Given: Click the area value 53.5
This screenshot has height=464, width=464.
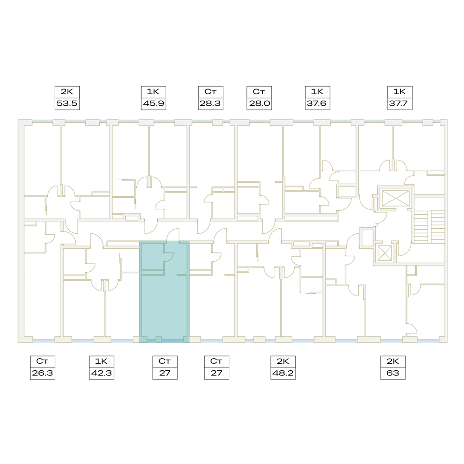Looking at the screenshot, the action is coord(67,103).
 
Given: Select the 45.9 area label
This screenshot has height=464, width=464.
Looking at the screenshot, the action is coord(153,103).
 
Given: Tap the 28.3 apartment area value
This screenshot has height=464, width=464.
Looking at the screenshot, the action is coord(210,103).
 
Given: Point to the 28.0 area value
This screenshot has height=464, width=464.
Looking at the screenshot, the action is coord(259,103).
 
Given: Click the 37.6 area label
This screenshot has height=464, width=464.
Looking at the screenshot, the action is coord(317,103).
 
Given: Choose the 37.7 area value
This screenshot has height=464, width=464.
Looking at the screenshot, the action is coord(400,103).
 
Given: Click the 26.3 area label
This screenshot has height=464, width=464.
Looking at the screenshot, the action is coord(43,373).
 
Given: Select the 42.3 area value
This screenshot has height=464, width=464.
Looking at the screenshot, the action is coord(102,373).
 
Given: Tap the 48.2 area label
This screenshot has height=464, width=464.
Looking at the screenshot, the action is coord(283,373).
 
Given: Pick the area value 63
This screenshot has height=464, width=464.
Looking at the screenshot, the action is coord(393,373).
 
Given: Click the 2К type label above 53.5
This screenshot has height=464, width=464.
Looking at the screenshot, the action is coord(67,92).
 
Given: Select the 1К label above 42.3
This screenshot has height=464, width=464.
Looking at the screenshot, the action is coord(101,361).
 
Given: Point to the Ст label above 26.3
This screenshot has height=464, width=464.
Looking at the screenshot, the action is coord(42,361).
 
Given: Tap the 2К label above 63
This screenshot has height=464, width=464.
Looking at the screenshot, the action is coord(393,361).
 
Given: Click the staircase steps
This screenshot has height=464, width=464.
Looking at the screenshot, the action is coord(429,227).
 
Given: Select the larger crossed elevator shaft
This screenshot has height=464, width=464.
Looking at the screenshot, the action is coord(396,198).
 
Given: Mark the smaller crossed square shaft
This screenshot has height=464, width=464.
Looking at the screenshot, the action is coord(385,253).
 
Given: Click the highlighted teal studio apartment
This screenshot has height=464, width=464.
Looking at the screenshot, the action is coord(164,305).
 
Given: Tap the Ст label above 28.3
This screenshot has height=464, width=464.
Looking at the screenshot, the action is coord(210,92).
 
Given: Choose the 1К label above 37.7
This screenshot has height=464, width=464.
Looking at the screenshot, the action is coord(400,92).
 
